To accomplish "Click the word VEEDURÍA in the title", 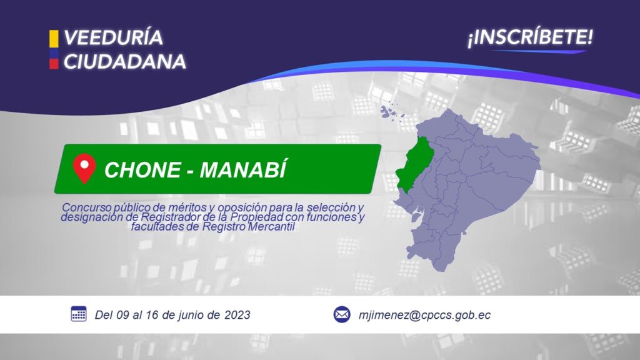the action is pyautogui.click(x=114, y=37).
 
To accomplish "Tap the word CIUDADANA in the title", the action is pyautogui.click(x=125, y=62).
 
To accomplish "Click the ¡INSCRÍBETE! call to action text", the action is pyautogui.click(x=530, y=37).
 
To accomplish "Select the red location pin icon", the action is pyautogui.click(x=84, y=168).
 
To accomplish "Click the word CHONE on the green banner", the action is pyautogui.click(x=142, y=170).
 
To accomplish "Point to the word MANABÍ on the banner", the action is pyautogui.click(x=243, y=169).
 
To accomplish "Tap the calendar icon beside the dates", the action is pyautogui.click(x=79, y=314).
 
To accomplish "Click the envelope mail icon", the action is pyautogui.click(x=342, y=315).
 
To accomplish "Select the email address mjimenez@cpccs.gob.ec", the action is pyautogui.click(x=424, y=315).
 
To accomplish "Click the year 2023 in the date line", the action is pyautogui.click(x=237, y=315).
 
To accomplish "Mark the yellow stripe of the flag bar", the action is pyautogui.click(x=54, y=38).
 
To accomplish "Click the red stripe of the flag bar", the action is pyautogui.click(x=54, y=64).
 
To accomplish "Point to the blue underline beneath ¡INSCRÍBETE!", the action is pyautogui.click(x=539, y=51).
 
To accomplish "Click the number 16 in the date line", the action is pyautogui.click(x=152, y=315).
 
